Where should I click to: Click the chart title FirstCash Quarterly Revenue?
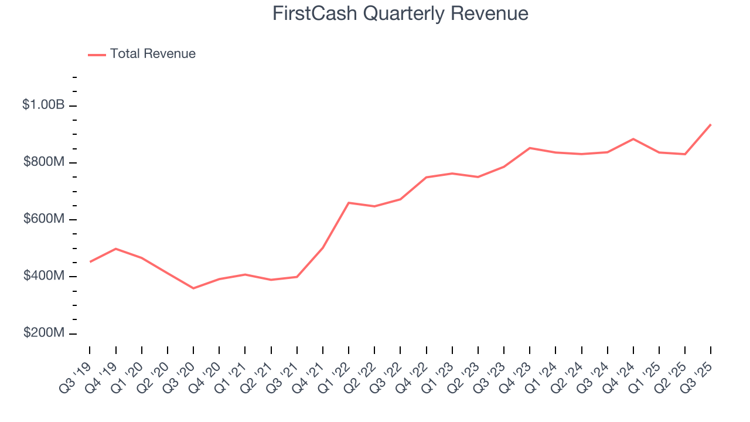click(400, 13)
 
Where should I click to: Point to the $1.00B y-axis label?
click(43, 105)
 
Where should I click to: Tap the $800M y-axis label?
click(44, 162)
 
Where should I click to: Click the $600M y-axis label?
click(44, 219)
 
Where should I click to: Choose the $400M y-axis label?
click(44, 275)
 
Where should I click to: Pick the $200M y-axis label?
click(44, 333)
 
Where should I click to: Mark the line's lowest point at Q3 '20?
click(193, 288)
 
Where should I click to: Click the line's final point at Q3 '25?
click(711, 124)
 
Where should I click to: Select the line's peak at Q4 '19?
click(115, 249)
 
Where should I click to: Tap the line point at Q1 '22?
click(349, 203)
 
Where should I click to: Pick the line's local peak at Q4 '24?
click(633, 139)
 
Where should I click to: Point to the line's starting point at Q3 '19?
click(90, 261)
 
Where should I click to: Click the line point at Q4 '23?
click(530, 148)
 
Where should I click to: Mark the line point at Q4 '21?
click(323, 247)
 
